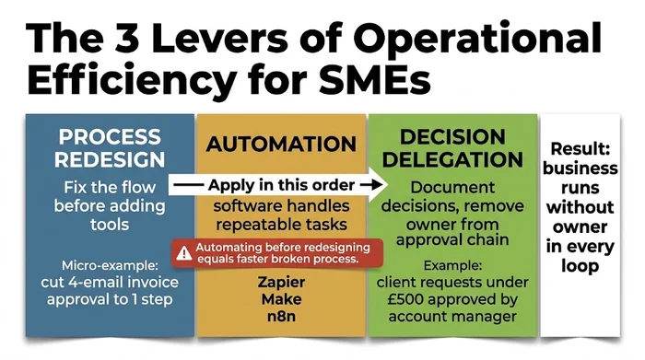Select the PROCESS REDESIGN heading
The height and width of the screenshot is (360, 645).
click(x=110, y=148)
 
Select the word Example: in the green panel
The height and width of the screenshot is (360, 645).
click(x=451, y=265)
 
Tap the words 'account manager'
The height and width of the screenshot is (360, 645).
click(x=451, y=318)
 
